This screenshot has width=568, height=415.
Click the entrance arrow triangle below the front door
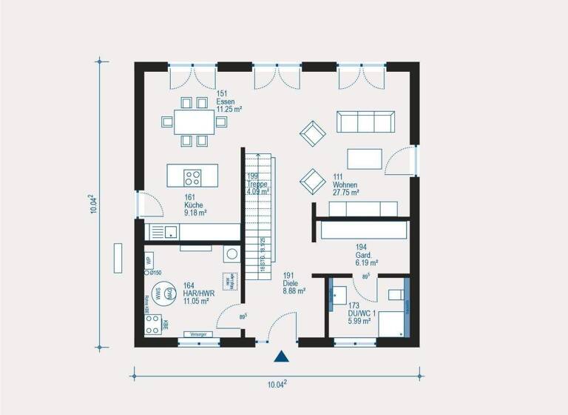pos(281,357)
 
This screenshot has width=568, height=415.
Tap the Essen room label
pos(226,101)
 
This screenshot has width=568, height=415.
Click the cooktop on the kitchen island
pos(192,177)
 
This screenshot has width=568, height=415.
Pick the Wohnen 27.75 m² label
pos(345,185)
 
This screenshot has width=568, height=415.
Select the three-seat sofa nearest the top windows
pos(364,122)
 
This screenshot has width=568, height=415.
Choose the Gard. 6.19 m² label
pos(366,255)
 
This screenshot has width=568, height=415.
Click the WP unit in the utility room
pos(149,261)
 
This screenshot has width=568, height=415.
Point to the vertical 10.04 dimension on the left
pos(94,204)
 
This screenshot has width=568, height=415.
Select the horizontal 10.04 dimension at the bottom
pos(276,383)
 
